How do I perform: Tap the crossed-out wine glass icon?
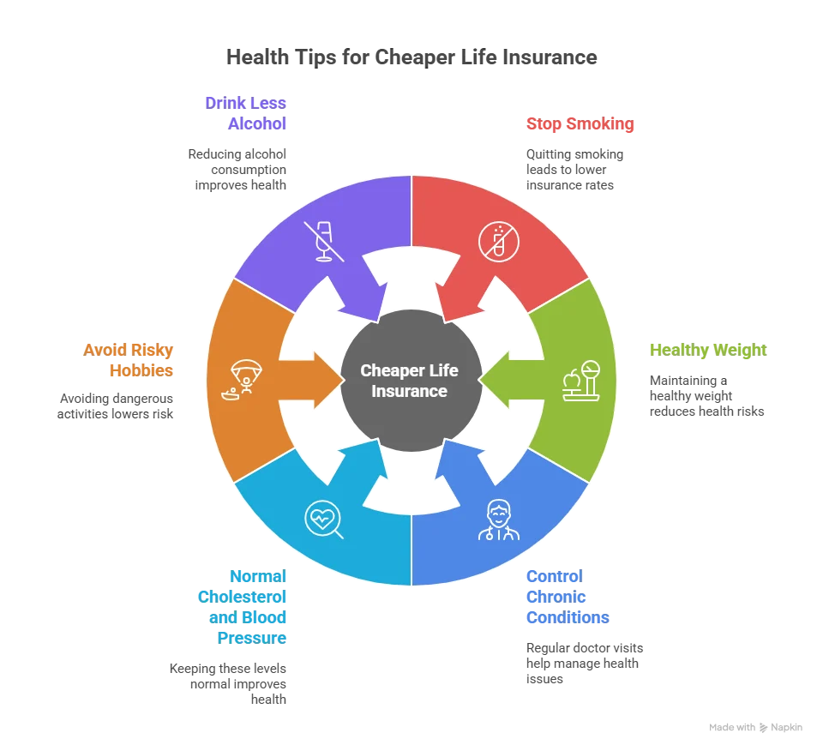[324, 239]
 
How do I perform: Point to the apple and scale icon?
[580, 382]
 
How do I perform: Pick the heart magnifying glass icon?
[323, 520]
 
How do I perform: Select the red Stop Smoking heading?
[579, 123]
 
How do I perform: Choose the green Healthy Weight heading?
[706, 350]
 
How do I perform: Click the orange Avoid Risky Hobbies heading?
[129, 360]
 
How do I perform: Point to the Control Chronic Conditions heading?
[566, 597]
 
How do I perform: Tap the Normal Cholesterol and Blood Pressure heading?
[238, 607]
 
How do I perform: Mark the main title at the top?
[414, 58]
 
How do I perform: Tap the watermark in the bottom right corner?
[754, 726]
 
